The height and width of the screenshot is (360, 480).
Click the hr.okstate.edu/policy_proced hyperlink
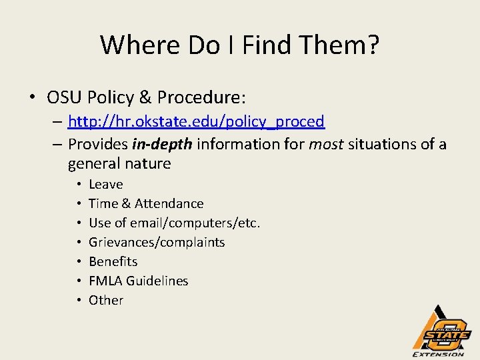click(x=196, y=121)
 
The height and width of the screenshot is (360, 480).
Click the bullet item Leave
click(x=105, y=184)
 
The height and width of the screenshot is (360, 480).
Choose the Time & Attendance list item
click(x=146, y=203)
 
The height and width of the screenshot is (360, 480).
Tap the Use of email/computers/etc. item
click(x=174, y=223)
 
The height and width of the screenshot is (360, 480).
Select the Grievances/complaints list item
click(x=157, y=242)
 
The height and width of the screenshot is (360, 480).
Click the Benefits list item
click(x=113, y=261)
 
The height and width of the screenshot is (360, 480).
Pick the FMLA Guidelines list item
click(x=138, y=281)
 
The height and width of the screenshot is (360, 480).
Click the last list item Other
click(x=106, y=300)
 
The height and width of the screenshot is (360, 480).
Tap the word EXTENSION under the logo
click(x=439, y=354)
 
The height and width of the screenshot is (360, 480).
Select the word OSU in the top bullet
click(x=64, y=98)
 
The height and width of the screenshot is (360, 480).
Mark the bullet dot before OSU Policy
click(x=32, y=98)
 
